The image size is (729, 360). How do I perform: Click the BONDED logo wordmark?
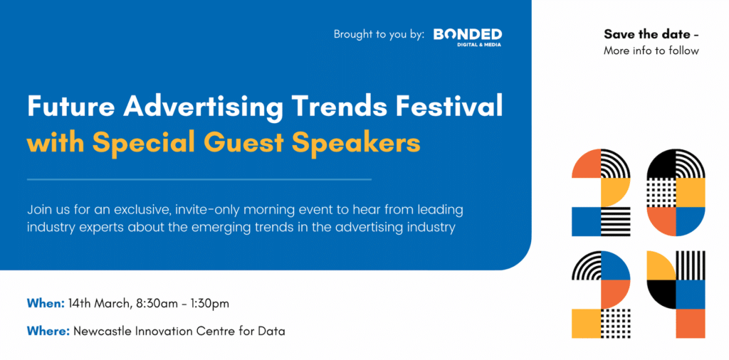[467, 34]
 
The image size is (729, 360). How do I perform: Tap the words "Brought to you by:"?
[379, 35]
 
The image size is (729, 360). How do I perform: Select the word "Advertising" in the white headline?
[203, 107]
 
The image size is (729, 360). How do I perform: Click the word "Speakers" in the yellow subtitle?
[357, 144]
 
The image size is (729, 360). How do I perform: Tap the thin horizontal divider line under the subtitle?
[199, 179]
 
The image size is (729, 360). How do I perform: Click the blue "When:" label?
[46, 305]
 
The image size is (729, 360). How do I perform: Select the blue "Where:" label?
[48, 332]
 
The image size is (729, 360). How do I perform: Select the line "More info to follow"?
[651, 51]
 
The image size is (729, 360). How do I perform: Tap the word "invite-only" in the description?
[207, 209]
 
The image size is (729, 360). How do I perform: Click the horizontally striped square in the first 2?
[616, 221]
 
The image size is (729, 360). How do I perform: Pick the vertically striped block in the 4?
[691, 265]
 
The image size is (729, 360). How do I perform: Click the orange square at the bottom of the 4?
[691, 323]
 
